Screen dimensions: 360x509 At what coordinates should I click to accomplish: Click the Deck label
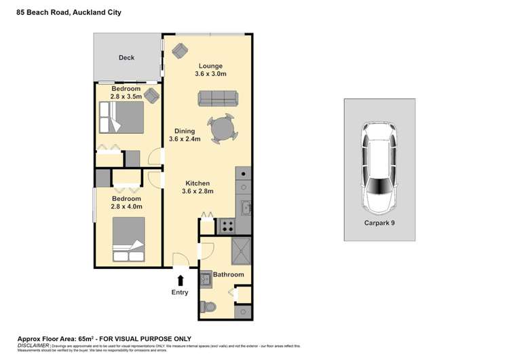coord(127,58)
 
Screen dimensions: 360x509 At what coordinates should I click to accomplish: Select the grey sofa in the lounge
coord(217,99)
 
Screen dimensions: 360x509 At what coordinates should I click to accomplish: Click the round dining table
coord(222,128)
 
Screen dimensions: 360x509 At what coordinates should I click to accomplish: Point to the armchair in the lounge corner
coord(181,49)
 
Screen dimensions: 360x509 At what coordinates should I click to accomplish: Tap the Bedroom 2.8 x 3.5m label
coord(126,93)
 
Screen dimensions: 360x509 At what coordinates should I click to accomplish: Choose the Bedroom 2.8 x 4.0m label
coord(126,202)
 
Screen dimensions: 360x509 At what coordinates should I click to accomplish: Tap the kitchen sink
coord(246,207)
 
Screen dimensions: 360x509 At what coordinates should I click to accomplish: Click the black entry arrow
coord(181,279)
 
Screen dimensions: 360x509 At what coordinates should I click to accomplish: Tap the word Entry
coord(181,293)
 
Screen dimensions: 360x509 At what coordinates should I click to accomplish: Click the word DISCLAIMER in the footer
coord(33,346)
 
